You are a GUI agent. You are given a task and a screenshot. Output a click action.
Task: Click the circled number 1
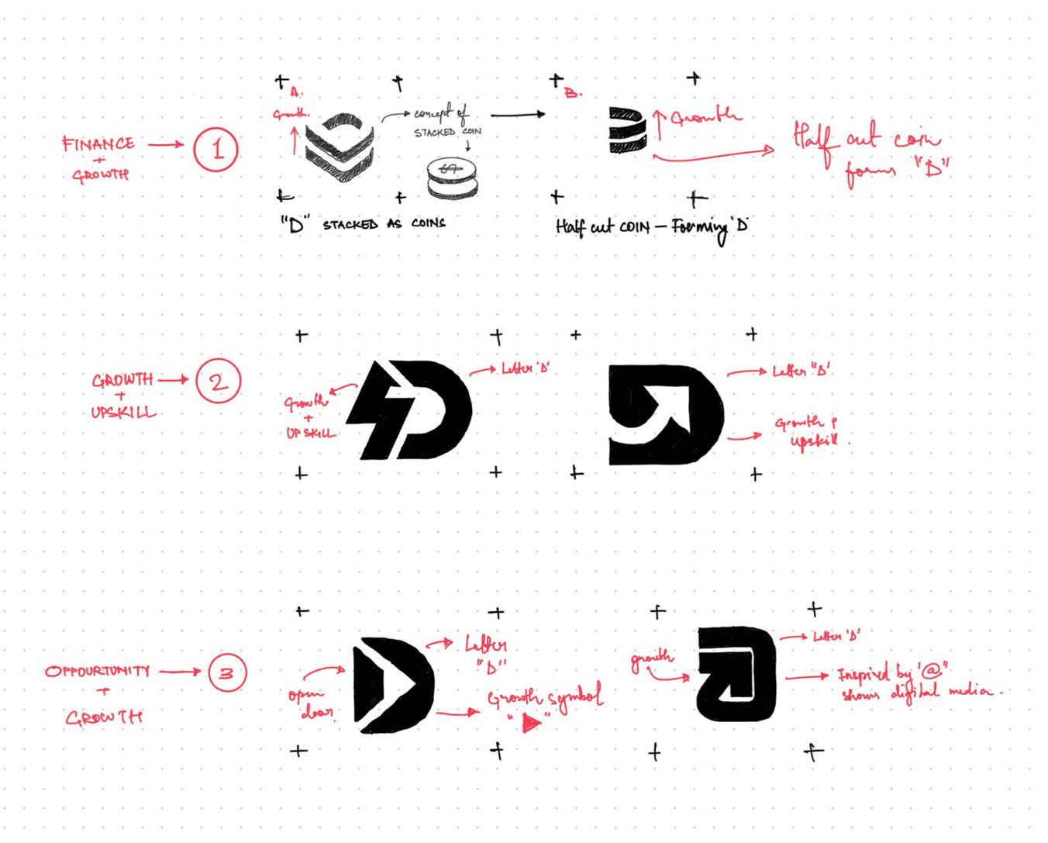pyautogui.click(x=215, y=149)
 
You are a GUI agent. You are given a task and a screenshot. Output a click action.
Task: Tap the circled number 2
pyautogui.click(x=218, y=381)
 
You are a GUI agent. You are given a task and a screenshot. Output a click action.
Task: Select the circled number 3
pyautogui.click(x=226, y=672)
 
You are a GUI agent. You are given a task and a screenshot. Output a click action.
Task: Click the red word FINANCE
pyautogui.click(x=98, y=143)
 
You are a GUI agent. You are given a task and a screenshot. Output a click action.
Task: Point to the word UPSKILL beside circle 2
pyautogui.click(x=123, y=412)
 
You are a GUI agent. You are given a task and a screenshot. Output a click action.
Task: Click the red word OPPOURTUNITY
pyautogui.click(x=97, y=671)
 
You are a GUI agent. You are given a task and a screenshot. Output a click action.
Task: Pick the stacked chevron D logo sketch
pyautogui.click(x=340, y=145)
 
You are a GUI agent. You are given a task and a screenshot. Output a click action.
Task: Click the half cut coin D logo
pyautogui.click(x=626, y=130)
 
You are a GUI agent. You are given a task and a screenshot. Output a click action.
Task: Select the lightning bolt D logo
pyautogui.click(x=409, y=409)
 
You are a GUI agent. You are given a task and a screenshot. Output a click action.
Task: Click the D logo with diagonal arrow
pyautogui.click(x=665, y=414)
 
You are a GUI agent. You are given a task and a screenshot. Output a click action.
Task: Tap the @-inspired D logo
pyautogui.click(x=736, y=673)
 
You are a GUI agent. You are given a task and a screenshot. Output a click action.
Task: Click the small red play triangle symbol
pyautogui.click(x=531, y=723)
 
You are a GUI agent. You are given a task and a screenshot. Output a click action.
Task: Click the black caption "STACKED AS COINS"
pyautogui.click(x=384, y=224)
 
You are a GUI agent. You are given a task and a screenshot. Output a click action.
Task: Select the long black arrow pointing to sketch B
pyautogui.click(x=518, y=115)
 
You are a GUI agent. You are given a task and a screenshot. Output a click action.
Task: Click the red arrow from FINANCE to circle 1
pyautogui.click(x=165, y=144)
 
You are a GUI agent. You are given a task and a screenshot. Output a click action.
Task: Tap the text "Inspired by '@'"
pyautogui.click(x=893, y=673)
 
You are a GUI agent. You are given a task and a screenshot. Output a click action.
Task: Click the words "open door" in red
pyautogui.click(x=312, y=703)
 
